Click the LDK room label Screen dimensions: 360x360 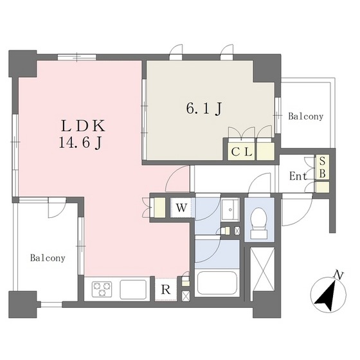point(83,126)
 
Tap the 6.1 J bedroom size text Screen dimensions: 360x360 point(204,109)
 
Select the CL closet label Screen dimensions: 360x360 point(242,152)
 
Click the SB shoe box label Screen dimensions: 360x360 point(322,167)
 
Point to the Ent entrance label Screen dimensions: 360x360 point(298,176)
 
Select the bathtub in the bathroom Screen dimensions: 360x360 point(217,282)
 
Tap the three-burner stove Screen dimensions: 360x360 point(102,289)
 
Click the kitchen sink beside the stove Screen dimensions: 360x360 point(133,289)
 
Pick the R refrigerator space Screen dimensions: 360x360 point(166,289)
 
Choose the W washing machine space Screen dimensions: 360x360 point(181,208)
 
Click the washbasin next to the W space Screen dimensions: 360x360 point(230,209)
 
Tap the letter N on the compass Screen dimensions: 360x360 point(338,274)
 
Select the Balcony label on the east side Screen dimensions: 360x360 point(305,116)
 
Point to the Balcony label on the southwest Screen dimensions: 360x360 point(48,258)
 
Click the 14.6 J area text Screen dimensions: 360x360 point(80,144)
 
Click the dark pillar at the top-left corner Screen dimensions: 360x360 point(22,64)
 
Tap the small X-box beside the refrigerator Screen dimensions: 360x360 point(186,296)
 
